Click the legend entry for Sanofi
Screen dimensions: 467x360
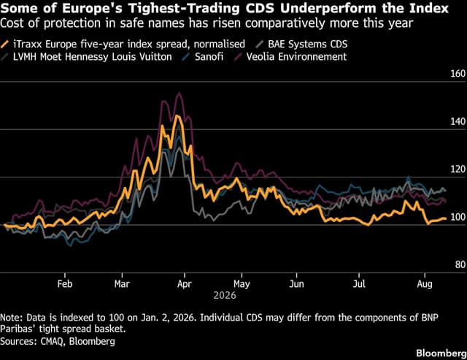coord(203,57)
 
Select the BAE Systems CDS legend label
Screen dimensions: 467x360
coord(301,44)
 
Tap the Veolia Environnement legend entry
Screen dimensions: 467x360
coord(290,57)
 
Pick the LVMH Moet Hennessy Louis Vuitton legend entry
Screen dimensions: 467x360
coord(86,57)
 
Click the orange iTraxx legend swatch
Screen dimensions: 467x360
coord(5,44)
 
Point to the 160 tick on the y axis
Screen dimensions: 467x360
coord(458,74)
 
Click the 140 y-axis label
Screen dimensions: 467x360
coord(458,121)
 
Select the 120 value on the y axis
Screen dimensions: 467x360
coord(458,169)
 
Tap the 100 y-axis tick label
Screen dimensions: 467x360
coord(458,217)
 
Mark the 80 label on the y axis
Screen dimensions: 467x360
coord(460,264)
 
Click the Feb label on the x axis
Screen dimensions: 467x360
coord(65,283)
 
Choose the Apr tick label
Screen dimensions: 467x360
coord(185,283)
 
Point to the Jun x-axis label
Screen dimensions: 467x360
coord(297,283)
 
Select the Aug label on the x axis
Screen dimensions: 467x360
coord(425,283)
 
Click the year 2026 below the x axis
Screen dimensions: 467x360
coord(225,295)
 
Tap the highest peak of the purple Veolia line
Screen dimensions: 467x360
coord(179,93)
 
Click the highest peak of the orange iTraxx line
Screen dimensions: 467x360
coord(177,115)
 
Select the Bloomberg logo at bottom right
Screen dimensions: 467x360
coord(441,353)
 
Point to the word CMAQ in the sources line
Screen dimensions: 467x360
coord(52,341)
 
